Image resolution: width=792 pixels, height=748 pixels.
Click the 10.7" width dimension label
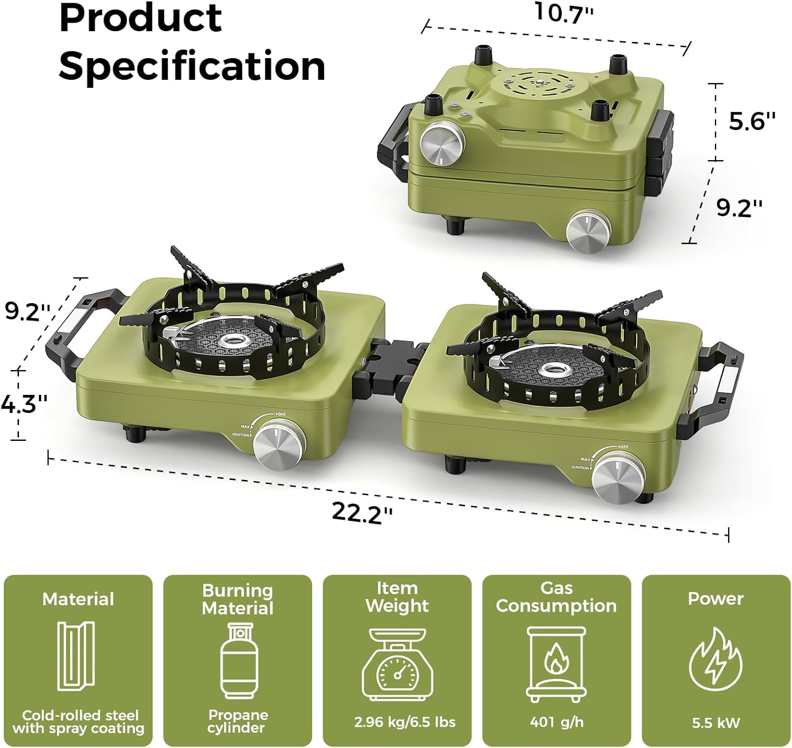(x=563, y=12)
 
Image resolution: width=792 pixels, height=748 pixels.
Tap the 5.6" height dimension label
(x=752, y=121)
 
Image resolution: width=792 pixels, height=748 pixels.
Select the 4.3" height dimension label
(x=24, y=404)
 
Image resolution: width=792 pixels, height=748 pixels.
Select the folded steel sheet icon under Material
(x=76, y=656)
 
